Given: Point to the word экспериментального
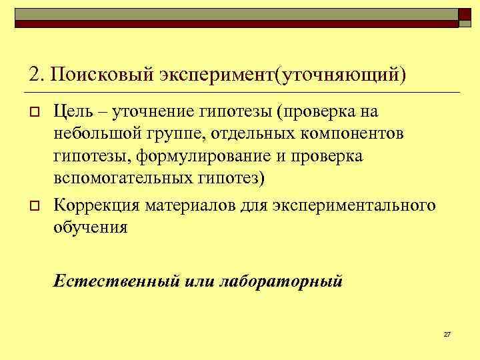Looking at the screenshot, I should [354, 204].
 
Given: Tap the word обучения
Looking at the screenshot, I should [90, 227].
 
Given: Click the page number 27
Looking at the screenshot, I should [447, 333].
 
